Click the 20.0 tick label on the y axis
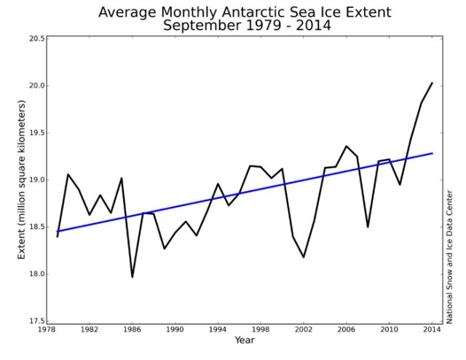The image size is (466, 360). [x=35, y=86]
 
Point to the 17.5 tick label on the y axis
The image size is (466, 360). [x=35, y=321]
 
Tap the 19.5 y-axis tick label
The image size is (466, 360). [x=35, y=133]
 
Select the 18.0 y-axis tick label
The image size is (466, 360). [x=35, y=274]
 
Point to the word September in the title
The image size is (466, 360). [x=202, y=26]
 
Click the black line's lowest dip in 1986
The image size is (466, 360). [x=133, y=277]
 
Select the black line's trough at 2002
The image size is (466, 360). [x=304, y=257]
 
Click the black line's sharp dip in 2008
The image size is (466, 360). [x=368, y=227]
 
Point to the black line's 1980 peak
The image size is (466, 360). [x=68, y=174]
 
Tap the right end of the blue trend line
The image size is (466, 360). [x=433, y=153]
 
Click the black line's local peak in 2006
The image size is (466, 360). [x=347, y=146]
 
